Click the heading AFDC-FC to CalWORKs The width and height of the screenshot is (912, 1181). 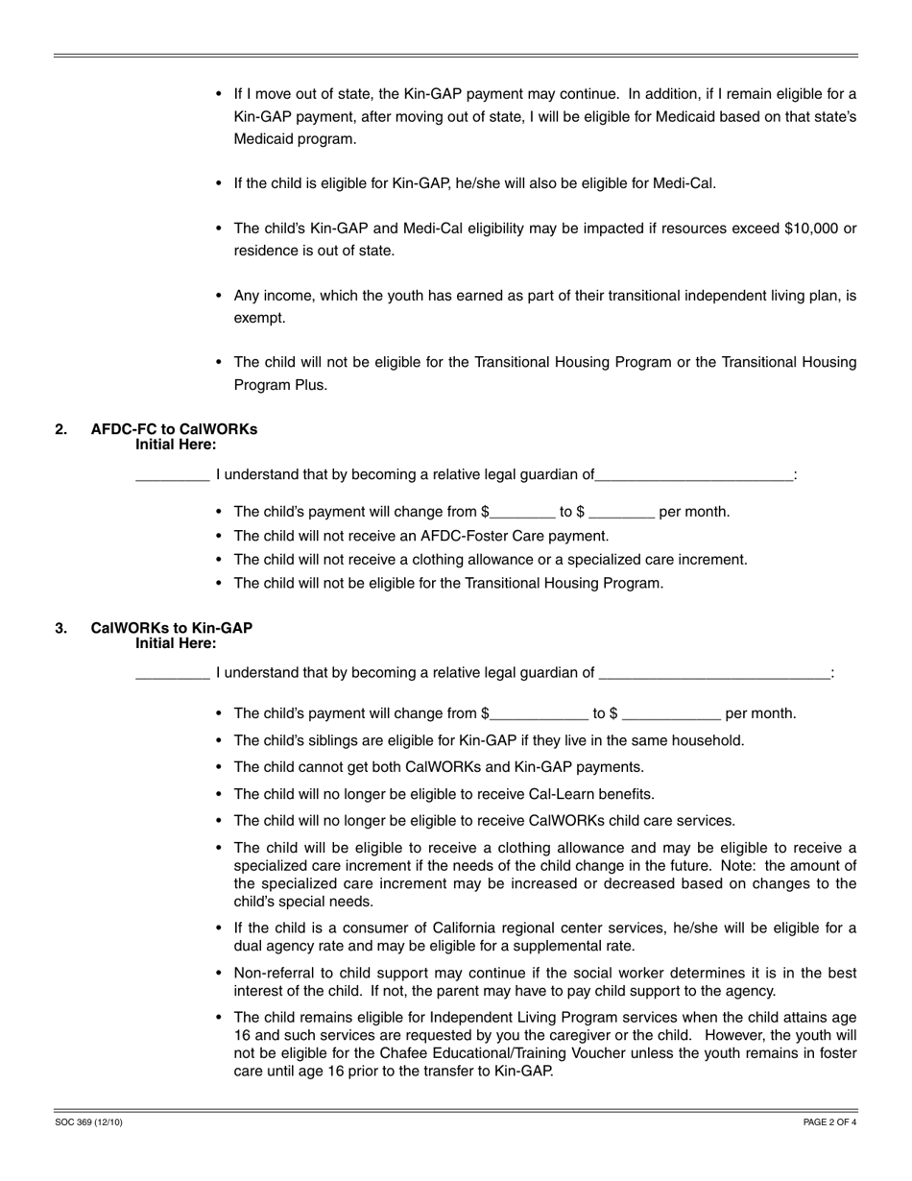tap(174, 429)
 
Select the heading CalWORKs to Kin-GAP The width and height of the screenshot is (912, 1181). tap(171, 628)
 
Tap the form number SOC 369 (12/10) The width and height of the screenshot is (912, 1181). tap(89, 1121)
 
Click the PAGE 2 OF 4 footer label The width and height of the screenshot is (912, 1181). tap(829, 1121)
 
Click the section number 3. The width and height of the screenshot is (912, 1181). tap(61, 628)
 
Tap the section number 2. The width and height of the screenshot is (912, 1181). tap(61, 429)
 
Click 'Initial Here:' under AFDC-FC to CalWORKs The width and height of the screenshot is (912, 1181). tap(176, 445)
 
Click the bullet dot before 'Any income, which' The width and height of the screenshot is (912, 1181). tap(219, 296)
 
